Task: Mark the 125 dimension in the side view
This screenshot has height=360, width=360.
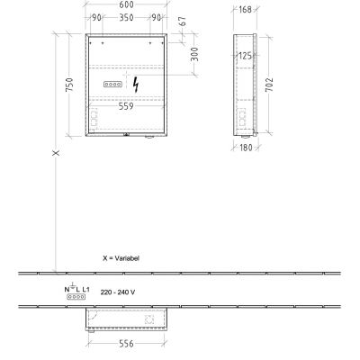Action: [x=243, y=55]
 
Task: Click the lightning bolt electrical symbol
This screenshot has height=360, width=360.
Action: [x=136, y=85]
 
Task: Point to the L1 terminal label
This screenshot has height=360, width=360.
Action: [x=87, y=288]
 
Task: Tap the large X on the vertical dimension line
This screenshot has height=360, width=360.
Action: [x=56, y=154]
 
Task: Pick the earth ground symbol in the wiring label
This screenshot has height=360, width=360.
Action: [x=72, y=287]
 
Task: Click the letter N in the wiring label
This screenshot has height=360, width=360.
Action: [x=65, y=288]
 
